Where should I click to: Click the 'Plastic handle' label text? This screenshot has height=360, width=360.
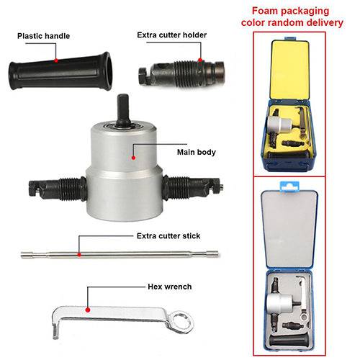43,36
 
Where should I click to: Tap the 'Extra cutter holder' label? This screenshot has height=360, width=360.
172,35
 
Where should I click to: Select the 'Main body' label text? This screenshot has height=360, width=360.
197,152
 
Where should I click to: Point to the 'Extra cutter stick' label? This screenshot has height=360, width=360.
168,236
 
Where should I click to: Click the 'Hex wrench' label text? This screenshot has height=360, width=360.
170,287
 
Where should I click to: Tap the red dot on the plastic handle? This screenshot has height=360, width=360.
56,60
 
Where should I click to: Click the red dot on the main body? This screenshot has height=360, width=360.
134,158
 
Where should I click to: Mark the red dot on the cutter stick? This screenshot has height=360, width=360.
79,255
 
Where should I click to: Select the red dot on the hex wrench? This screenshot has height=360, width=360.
88,310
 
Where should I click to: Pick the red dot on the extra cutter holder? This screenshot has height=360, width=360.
200,60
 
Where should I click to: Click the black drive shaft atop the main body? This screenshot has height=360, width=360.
123,110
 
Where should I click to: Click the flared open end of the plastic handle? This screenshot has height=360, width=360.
107,71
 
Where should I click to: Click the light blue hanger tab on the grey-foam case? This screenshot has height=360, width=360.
289,186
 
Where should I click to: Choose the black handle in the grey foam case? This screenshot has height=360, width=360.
289,341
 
